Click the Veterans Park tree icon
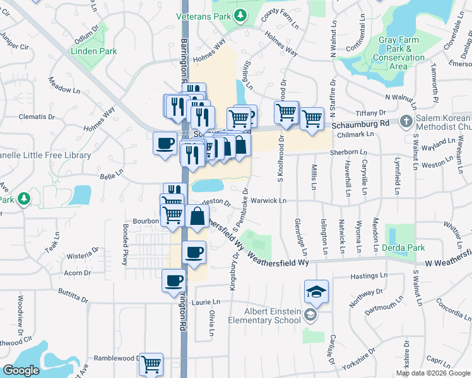pos(240,15)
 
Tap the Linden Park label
pos(94,51)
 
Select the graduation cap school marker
pos(316,291)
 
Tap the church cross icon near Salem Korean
pos(407,120)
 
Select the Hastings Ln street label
pos(369,276)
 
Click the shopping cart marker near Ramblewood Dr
pos(151,364)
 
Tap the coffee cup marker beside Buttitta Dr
pos(174,280)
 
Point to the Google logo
pos(21,370)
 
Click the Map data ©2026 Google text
pos(433,373)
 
